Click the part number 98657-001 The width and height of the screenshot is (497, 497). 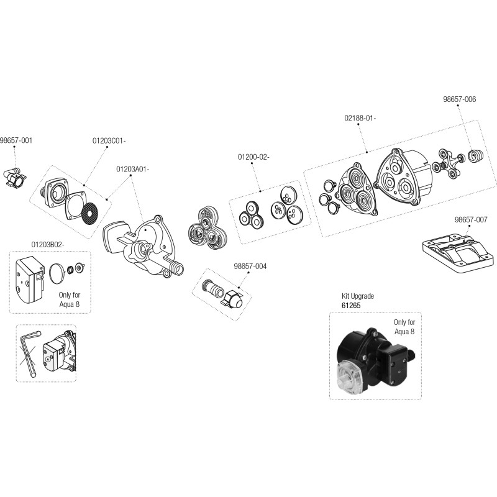point(16,140)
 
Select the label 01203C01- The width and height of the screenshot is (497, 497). point(109,140)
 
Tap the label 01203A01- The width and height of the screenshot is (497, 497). point(132,168)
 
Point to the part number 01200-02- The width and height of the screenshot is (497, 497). point(253,157)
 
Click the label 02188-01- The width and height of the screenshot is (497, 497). point(360,117)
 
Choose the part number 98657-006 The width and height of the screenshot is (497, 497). point(459,99)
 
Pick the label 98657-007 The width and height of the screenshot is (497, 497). point(470,219)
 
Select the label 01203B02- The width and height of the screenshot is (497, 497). point(47,245)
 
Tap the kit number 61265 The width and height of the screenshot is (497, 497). point(351,306)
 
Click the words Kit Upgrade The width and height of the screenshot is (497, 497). point(358,296)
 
